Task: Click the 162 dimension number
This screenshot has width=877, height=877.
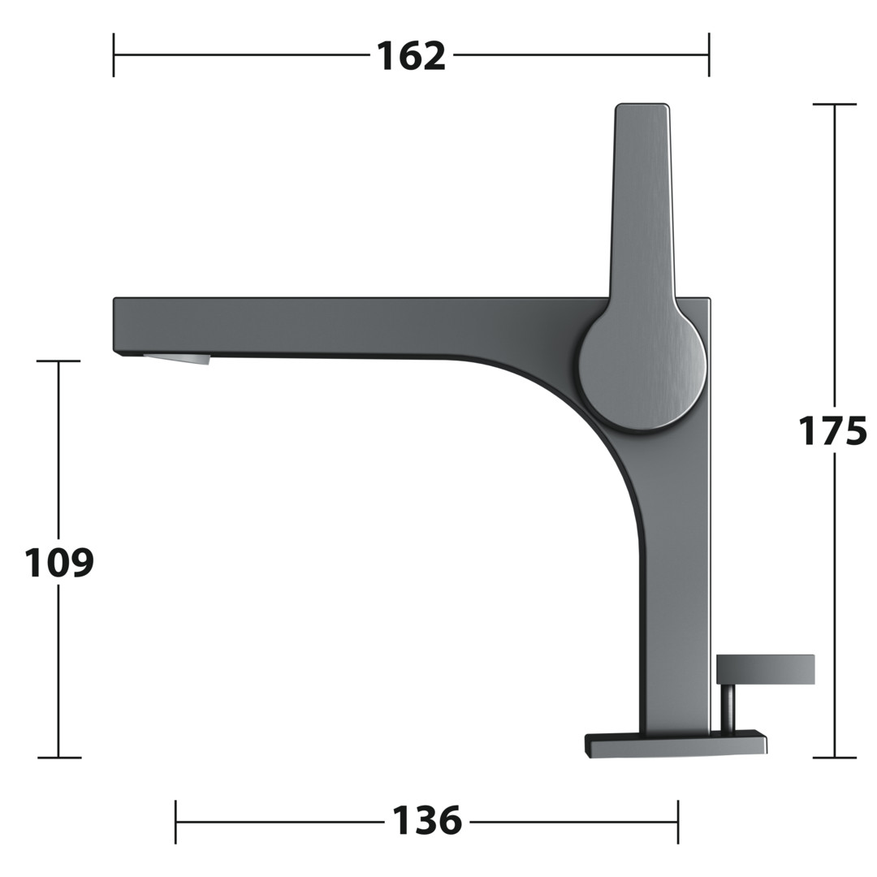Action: (411, 56)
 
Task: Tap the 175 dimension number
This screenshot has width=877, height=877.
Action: (832, 430)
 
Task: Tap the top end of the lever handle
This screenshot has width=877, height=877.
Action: (642, 106)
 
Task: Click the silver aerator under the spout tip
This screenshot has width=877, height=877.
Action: (177, 359)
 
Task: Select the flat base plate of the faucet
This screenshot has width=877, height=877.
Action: (676, 744)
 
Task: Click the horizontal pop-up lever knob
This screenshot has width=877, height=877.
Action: (765, 669)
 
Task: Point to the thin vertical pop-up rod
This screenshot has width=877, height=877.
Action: (728, 707)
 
